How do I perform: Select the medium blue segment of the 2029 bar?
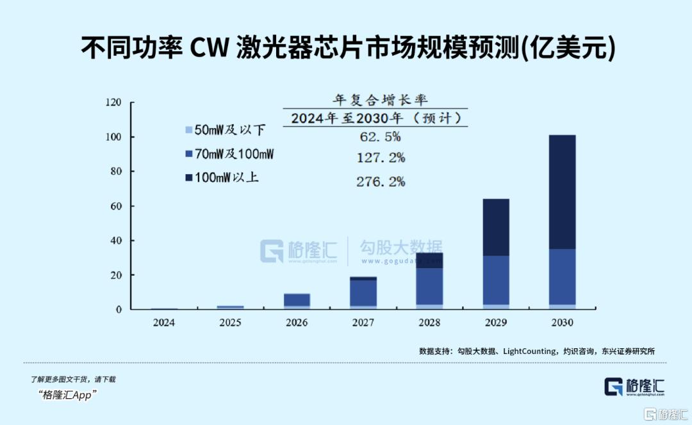495,280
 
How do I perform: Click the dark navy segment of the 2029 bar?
495,227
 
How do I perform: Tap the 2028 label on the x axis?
429,323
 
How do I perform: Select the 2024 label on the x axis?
163,323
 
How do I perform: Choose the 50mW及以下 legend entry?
225,130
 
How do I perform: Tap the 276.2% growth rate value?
380,182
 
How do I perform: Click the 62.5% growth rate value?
380,136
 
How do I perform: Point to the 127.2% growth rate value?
380,158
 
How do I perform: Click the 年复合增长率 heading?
380,100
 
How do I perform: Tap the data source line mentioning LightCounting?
536,351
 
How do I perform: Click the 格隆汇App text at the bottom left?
67,395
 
